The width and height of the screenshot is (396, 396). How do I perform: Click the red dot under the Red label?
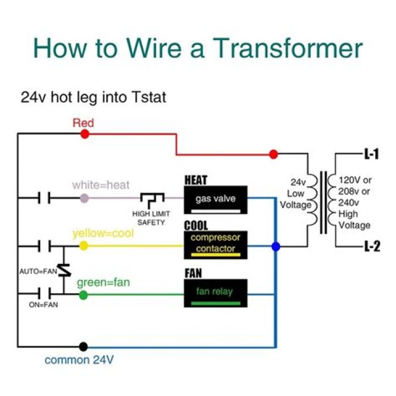pos(85,134)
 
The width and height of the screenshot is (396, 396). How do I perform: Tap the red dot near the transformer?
pos(273,155)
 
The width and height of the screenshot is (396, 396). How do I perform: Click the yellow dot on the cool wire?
pos(84,246)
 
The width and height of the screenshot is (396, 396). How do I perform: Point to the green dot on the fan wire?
pos(84,295)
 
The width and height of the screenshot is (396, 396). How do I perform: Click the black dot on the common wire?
pos(83,346)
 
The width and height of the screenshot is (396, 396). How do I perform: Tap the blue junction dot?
pos(276,247)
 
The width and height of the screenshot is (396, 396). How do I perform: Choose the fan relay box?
pos(216,293)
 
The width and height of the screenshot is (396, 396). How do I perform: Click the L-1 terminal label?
pos(371,155)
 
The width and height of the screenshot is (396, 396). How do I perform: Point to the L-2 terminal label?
pos(371,247)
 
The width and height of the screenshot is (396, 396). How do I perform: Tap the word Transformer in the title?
pos(287,48)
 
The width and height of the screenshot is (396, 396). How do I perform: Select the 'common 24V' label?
pos(79,361)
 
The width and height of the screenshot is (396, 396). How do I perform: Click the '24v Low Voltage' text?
pos(299,194)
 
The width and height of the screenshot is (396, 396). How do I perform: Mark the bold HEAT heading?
pos(196,180)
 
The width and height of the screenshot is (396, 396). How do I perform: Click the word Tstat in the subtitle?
pos(148,98)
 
